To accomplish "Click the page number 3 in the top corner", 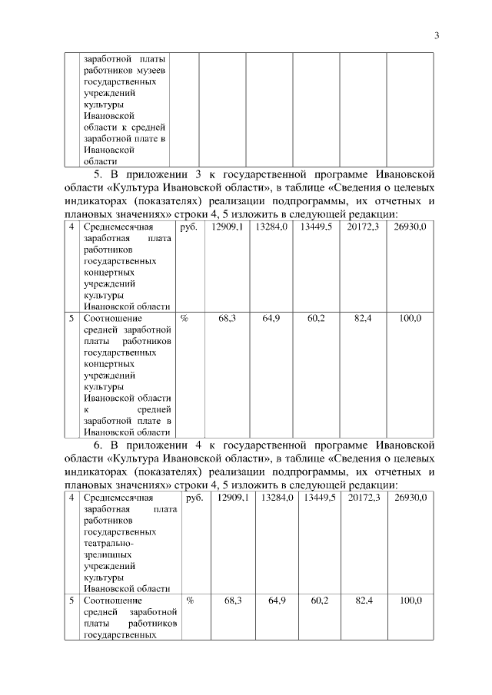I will point(436,35).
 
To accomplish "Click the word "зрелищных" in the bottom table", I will point(107,552).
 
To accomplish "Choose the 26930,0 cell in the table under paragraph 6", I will point(411,498).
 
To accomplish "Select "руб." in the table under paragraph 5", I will point(188,227).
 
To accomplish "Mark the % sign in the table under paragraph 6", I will point(189,600).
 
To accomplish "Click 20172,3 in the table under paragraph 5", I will point(363,227).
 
